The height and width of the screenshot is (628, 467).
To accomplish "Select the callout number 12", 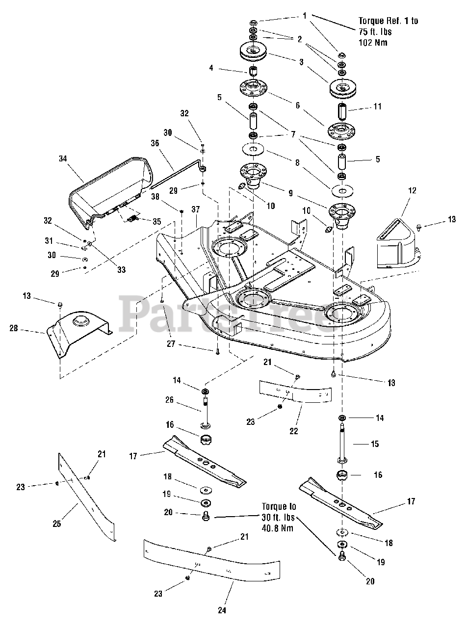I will click(412, 190).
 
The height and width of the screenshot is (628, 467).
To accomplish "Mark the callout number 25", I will click(57, 523).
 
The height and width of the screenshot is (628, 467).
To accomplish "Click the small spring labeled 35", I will click(131, 219).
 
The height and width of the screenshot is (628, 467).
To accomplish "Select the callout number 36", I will click(155, 144).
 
